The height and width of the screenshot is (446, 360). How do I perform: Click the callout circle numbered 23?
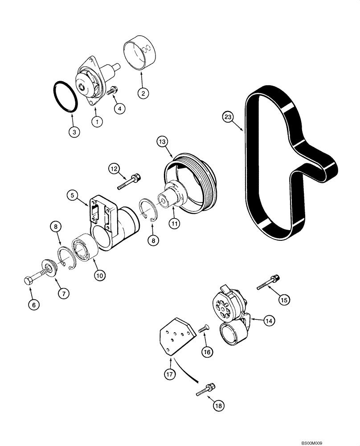228,118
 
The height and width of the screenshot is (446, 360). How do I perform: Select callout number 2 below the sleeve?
143,94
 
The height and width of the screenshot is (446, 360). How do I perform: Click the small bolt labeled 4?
112,91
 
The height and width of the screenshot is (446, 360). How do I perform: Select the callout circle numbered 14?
269,319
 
